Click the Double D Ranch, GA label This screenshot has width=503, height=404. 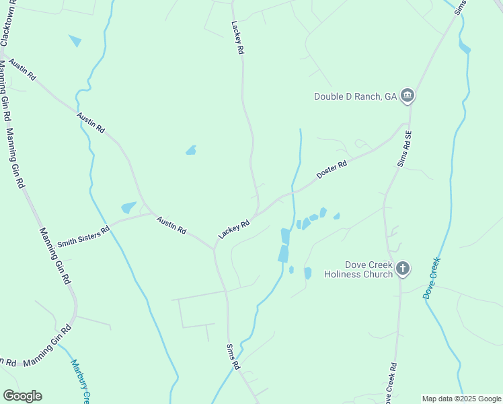coord(356,96)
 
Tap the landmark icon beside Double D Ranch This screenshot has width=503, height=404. coord(407,96)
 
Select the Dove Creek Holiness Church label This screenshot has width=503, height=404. coord(358,269)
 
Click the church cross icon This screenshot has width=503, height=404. coord(402,269)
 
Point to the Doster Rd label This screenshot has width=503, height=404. coord(332,168)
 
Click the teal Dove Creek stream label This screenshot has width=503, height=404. coord(431,278)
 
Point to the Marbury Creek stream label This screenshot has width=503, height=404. coord(81,380)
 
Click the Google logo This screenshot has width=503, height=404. coord(22,396)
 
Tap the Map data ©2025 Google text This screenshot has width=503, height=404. coord(461,399)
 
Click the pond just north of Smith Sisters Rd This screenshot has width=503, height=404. coord(128,208)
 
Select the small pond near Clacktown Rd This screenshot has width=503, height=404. coord(75,41)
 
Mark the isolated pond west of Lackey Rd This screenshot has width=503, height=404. coord(191,150)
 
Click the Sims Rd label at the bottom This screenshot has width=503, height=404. coord(232,356)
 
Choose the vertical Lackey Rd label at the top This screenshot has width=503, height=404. coord(237,41)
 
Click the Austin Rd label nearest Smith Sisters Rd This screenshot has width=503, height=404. coord(171,224)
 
